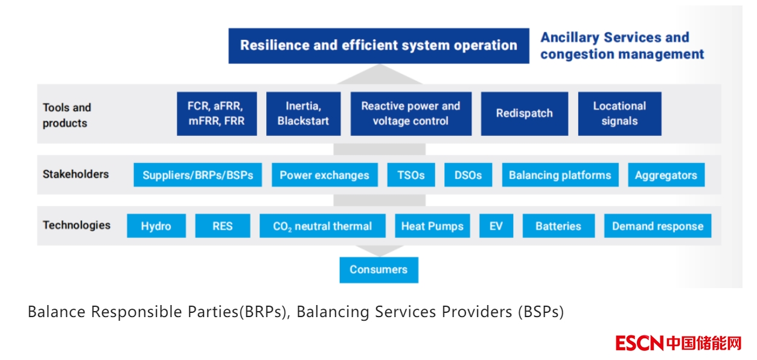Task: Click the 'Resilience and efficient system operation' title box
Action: click(x=378, y=45)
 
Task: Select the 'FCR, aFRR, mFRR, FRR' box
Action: click(x=217, y=114)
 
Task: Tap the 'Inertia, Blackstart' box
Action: click(x=303, y=114)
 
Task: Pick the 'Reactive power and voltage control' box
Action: click(x=410, y=114)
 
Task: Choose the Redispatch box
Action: click(x=524, y=114)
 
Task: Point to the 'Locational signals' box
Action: click(x=619, y=114)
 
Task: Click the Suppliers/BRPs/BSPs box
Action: click(x=198, y=175)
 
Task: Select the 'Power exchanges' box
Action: click(x=324, y=175)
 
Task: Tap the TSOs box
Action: click(x=410, y=175)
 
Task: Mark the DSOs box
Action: click(x=468, y=175)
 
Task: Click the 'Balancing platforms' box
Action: click(x=560, y=175)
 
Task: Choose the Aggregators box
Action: click(x=666, y=175)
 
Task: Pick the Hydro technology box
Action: click(x=156, y=226)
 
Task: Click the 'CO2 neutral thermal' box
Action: click(x=322, y=226)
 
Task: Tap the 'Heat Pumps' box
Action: click(x=432, y=226)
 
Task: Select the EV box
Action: click(x=496, y=226)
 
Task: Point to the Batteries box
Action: click(x=558, y=226)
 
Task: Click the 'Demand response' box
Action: click(x=657, y=226)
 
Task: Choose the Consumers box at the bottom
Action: click(x=378, y=269)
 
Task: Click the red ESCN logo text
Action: click(x=639, y=343)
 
